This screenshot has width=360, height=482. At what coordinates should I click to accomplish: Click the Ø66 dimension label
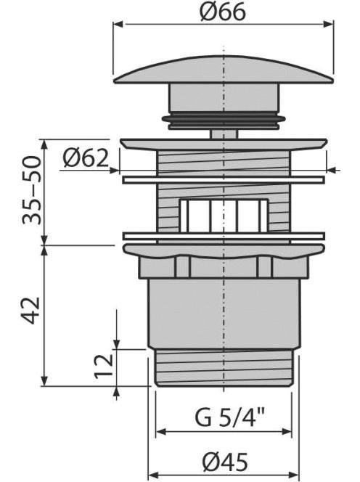pos(223,12)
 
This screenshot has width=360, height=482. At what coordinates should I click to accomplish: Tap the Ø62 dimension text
pos(86,158)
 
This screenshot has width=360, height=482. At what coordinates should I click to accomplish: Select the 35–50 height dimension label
pos(31,191)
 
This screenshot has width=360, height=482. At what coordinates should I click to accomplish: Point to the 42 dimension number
pos(31,311)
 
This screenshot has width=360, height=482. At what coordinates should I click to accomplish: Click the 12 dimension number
pos(103,366)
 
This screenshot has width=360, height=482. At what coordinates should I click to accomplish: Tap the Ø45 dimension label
pos(225,462)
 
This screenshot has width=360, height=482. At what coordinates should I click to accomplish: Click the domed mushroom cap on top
pos(224,70)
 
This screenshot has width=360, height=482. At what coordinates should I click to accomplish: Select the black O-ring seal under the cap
pos(224,122)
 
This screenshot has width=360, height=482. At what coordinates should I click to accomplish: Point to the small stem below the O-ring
pos(224,134)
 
